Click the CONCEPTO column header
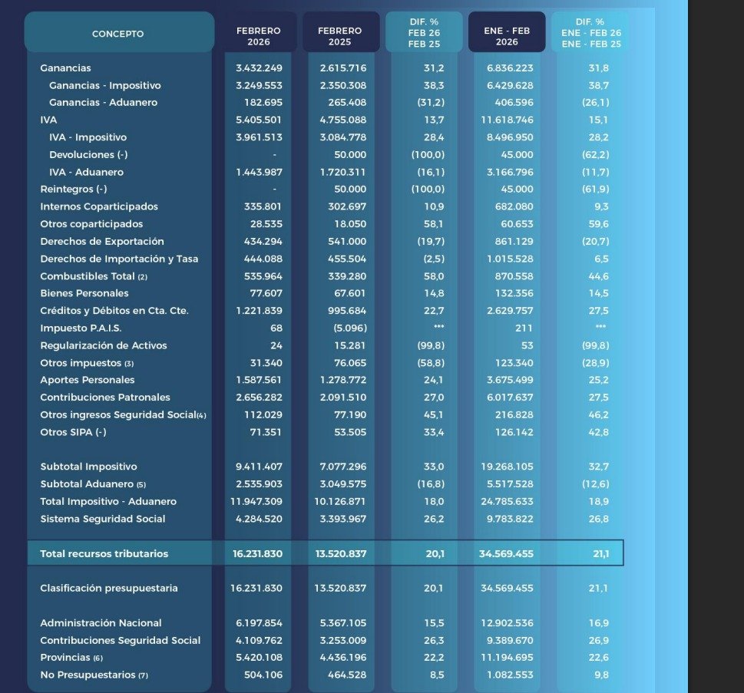pyautogui.click(x=117, y=34)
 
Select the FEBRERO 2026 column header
pyautogui.click(x=258, y=36)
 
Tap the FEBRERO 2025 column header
pyautogui.click(x=339, y=36)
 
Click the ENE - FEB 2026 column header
pyautogui.click(x=507, y=36)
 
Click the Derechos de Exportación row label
pyautogui.click(x=102, y=241)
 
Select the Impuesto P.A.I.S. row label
pyautogui.click(x=81, y=328)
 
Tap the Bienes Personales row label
pyautogui.click(x=84, y=293)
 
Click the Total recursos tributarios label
pyautogui.click(x=104, y=553)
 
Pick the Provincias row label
pyautogui.click(x=71, y=658)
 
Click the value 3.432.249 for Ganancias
pyautogui.click(x=260, y=68)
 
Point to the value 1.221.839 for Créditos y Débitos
pyautogui.click(x=260, y=310)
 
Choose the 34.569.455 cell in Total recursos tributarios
pyautogui.click(x=506, y=553)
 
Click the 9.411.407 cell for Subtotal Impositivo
pyautogui.click(x=260, y=467)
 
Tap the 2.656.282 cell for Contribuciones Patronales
pyautogui.click(x=260, y=397)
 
